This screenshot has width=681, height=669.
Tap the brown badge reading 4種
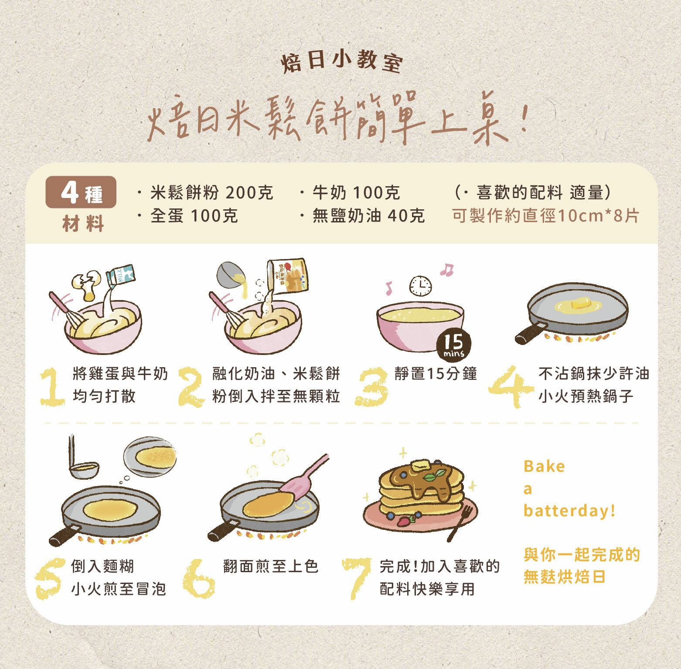(x=81, y=192)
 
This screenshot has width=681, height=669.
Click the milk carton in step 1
(x=121, y=276)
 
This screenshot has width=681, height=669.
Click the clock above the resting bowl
(x=420, y=286)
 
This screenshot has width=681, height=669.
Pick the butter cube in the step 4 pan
(x=580, y=303)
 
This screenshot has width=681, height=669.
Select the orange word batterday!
(x=569, y=510)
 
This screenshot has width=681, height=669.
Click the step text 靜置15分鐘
(x=436, y=374)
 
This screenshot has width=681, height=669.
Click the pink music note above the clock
(x=446, y=270)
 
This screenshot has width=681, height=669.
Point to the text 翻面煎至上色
(x=271, y=566)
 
